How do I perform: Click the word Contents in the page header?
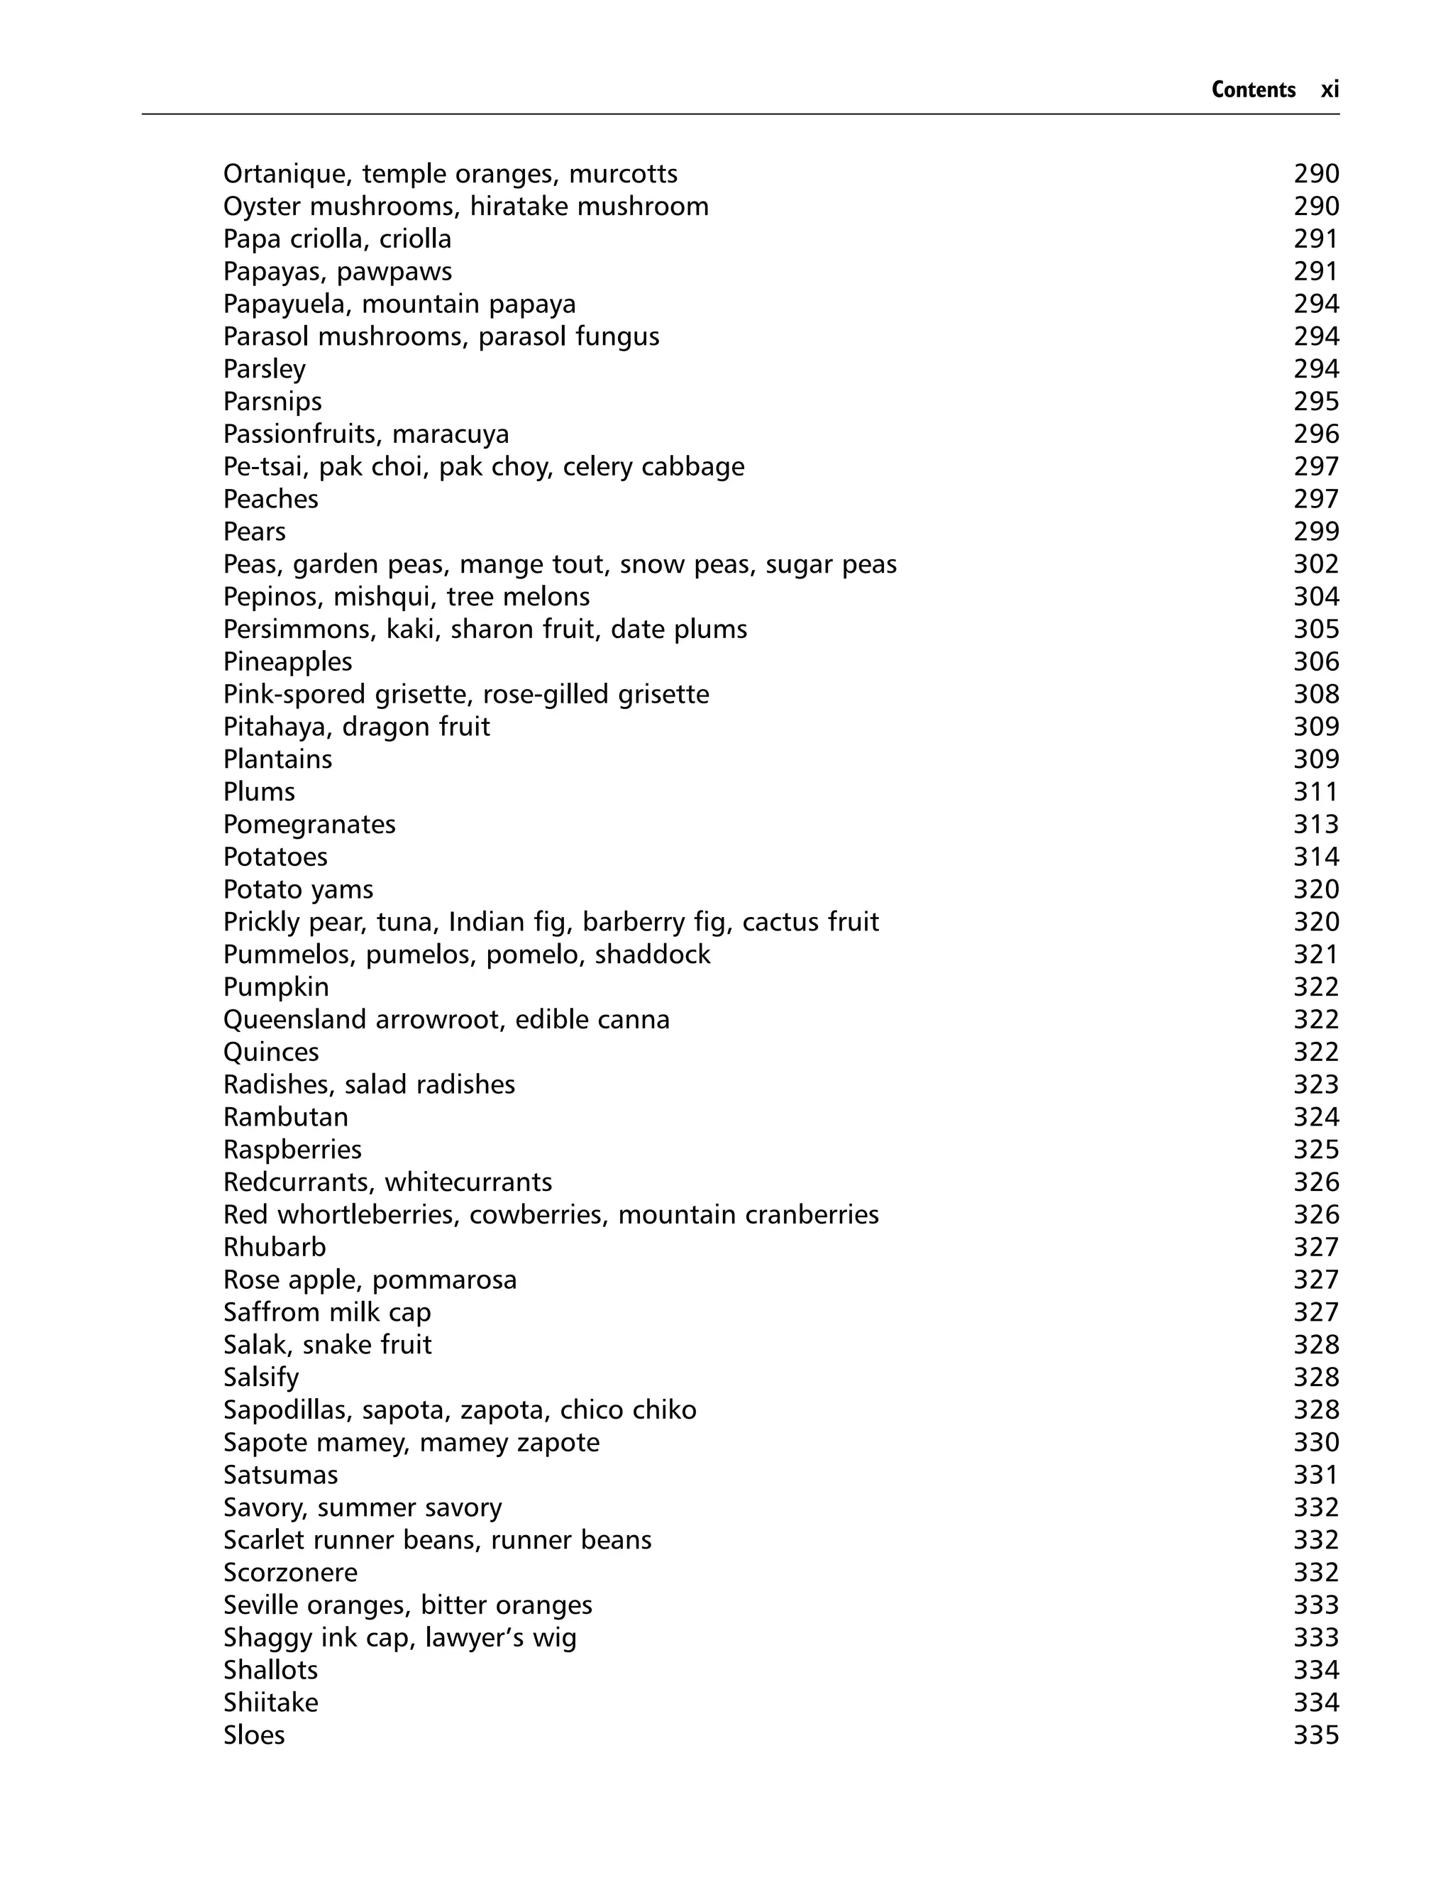pos(1252,90)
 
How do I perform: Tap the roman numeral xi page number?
pos(1330,90)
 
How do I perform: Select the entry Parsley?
pos(264,369)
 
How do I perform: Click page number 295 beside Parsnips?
pos(1315,402)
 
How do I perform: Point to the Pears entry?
pos(254,532)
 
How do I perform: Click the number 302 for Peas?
pos(1315,564)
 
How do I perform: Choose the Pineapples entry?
pos(287,661)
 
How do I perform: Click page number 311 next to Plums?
pos(1315,791)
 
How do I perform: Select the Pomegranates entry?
pos(309,824)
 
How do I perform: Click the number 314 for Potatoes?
pos(1315,857)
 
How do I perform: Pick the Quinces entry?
pos(271,1052)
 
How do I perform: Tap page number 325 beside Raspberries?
pos(1315,1150)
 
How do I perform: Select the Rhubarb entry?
pos(274,1247)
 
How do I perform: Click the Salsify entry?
pos(260,1377)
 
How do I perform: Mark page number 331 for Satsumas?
pos(1315,1475)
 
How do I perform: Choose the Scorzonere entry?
pos(289,1573)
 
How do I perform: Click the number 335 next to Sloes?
pos(1315,1735)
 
